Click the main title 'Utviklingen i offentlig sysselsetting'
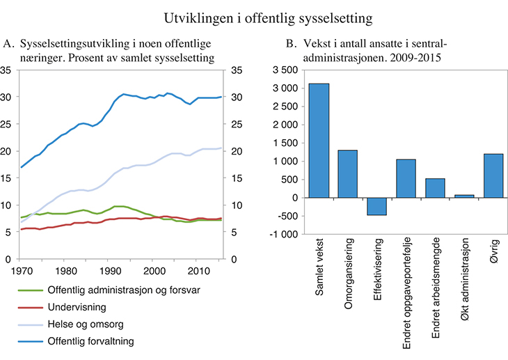253,15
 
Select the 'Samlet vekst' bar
319,141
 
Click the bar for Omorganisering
348,174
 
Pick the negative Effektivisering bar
376,206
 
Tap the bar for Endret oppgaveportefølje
406,178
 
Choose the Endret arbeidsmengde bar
435,188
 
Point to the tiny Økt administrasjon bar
463,196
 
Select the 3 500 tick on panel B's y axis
288,70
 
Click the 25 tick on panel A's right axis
236,125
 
